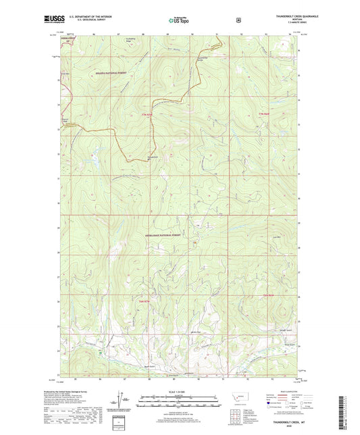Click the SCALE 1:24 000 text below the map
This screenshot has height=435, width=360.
click(180, 392)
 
